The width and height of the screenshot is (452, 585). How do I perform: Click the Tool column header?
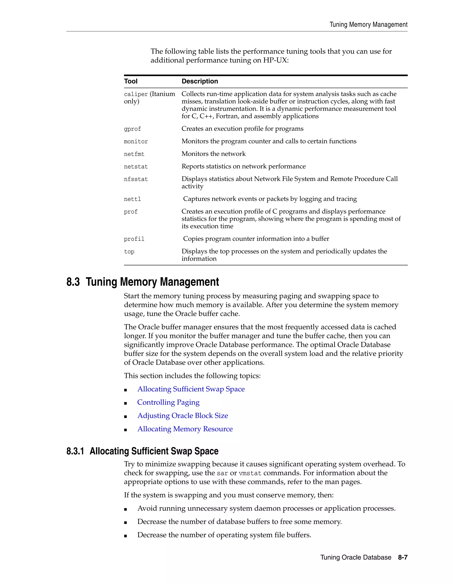coord(131,81)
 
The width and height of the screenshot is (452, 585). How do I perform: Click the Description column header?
coord(200,81)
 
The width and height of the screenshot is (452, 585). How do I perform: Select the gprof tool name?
coord(132,129)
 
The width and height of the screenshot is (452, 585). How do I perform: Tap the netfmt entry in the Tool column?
coord(134,154)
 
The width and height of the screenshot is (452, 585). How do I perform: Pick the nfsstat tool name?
coord(136,179)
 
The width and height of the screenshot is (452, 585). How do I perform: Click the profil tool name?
coord(134,239)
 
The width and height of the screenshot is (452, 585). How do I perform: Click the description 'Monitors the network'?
coord(213,154)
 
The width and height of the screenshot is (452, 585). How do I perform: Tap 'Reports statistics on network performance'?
coord(243,166)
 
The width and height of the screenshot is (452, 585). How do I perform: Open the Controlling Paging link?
coord(168,402)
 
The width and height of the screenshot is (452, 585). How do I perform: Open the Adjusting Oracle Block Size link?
coord(183,416)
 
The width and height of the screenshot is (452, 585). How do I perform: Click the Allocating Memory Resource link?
coord(185,429)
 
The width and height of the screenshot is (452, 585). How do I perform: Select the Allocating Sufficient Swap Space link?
coord(191,389)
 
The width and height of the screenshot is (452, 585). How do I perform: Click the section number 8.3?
coord(73,282)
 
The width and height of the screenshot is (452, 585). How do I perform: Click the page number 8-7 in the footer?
coord(403,557)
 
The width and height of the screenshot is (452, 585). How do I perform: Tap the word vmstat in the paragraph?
coord(250,473)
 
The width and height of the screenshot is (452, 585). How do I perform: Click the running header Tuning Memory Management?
coord(368,25)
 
